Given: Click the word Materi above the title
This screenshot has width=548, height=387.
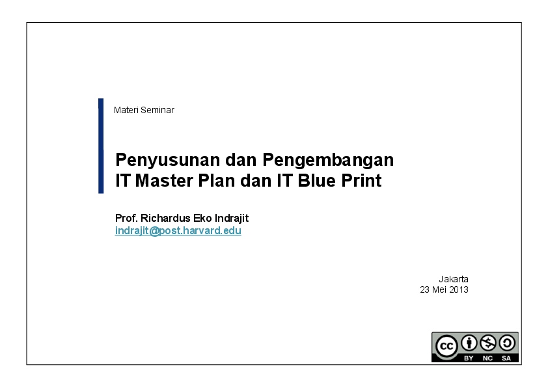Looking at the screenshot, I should [124, 110].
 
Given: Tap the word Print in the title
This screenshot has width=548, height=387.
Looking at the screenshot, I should [362, 180].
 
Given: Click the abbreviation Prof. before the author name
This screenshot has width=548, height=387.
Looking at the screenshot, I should [126, 218].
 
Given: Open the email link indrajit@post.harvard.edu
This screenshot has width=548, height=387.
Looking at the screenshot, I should [178, 231].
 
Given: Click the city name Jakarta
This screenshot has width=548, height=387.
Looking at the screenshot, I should [453, 279].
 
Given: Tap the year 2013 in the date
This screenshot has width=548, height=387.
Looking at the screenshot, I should [458, 289].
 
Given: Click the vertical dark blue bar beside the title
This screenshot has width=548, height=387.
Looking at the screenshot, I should [101, 146].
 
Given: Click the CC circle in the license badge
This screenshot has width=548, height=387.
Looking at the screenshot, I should [446, 346].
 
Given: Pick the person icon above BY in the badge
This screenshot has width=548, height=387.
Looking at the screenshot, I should [469, 343].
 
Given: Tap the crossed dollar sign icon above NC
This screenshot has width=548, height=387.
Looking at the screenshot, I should [487, 343].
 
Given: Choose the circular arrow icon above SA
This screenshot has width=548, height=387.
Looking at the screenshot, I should [506, 343].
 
